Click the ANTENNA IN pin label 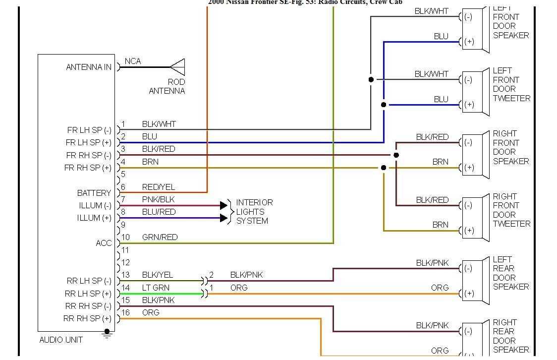click(89, 67)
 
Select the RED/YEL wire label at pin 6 click(159, 187)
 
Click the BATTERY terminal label click(94, 193)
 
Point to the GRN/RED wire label click(160, 237)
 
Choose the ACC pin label click(104, 243)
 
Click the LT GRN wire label click(156, 288)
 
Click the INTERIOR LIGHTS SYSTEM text click(254, 212)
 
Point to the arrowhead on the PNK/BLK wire click(224, 205)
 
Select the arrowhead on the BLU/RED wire click(224, 218)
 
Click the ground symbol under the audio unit click(107, 333)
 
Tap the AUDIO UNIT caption click(61, 340)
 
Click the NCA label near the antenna click(133, 61)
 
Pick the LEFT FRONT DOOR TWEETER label click(511, 84)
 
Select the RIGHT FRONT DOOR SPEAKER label click(511, 147)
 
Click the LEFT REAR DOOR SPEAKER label click(511, 273)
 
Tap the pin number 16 click(126, 312)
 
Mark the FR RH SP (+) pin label click(88, 168)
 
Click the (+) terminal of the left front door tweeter click(469, 105)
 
